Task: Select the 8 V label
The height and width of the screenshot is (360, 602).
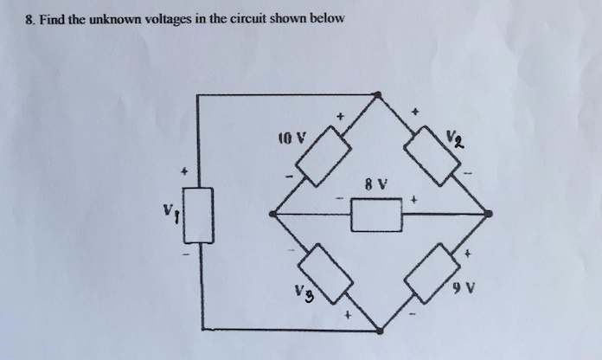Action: point(375,183)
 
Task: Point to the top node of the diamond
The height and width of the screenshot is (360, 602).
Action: point(379,94)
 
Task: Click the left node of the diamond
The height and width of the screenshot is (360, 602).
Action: point(273,213)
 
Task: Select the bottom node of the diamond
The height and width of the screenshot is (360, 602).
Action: point(380,330)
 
